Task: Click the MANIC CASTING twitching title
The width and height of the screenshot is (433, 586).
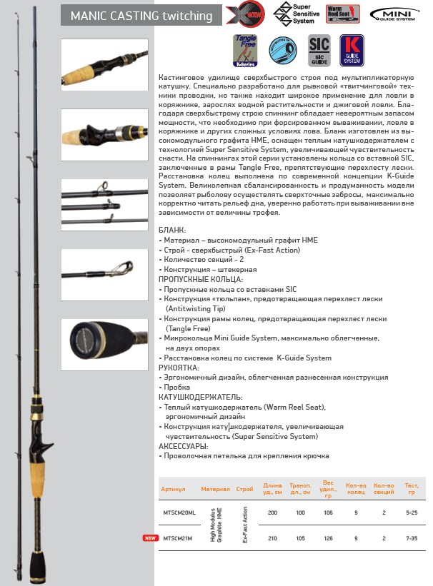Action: [x=141, y=16]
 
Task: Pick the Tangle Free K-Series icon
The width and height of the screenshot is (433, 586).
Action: [x=246, y=51]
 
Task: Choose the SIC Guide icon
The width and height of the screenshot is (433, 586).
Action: [x=318, y=51]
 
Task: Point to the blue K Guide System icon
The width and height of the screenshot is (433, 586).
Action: [x=352, y=51]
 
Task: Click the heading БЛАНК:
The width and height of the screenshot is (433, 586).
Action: [x=172, y=231]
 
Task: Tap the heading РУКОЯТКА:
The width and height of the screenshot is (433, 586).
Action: [x=179, y=368]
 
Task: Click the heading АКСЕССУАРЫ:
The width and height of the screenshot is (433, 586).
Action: [x=184, y=445]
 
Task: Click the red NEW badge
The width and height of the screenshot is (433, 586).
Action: [x=149, y=538]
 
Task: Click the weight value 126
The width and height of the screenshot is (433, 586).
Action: [x=329, y=538]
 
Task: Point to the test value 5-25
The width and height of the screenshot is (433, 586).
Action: [x=412, y=512]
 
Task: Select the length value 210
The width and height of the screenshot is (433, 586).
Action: [x=272, y=538]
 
